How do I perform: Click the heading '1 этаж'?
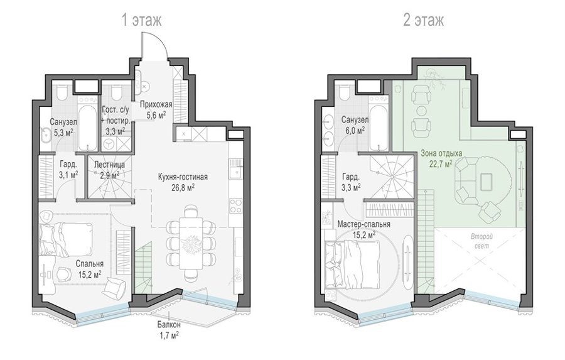(141, 20)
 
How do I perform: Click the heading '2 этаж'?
(423, 20)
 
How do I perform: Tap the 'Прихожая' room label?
(156, 105)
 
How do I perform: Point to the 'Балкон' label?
(169, 325)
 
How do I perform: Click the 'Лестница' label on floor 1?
(109, 165)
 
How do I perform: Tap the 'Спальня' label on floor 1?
(90, 264)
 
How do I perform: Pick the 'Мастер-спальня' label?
(363, 224)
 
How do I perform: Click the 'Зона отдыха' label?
(441, 154)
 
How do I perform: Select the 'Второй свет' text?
(482, 241)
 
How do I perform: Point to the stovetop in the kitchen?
(237, 205)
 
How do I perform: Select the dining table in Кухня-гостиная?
(191, 243)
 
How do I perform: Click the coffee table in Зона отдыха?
(487, 181)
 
